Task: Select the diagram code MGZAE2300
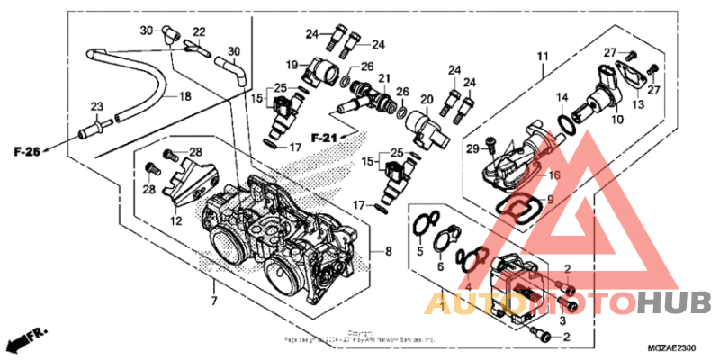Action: click(672, 346)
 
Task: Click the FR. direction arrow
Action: click(24, 341)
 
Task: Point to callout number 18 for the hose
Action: click(184, 96)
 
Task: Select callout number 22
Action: click(199, 32)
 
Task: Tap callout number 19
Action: click(292, 64)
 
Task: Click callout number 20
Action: click(427, 99)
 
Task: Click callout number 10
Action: click(617, 118)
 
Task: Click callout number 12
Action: click(175, 220)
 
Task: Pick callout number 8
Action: click(388, 252)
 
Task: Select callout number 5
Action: click(418, 255)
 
